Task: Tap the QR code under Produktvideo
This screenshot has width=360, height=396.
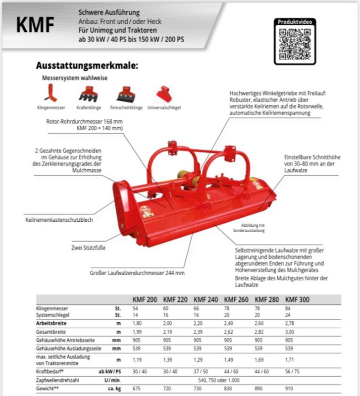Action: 295,45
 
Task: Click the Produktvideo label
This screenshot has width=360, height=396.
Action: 295,22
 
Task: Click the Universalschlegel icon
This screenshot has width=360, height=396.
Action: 163,93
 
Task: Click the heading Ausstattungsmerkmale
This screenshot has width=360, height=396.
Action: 87,65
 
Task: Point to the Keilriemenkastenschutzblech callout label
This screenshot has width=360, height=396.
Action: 58,219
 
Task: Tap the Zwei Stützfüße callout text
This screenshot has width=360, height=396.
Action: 88,247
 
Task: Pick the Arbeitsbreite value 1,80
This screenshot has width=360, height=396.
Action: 137,323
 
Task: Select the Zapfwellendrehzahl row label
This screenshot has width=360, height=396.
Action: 59,380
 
